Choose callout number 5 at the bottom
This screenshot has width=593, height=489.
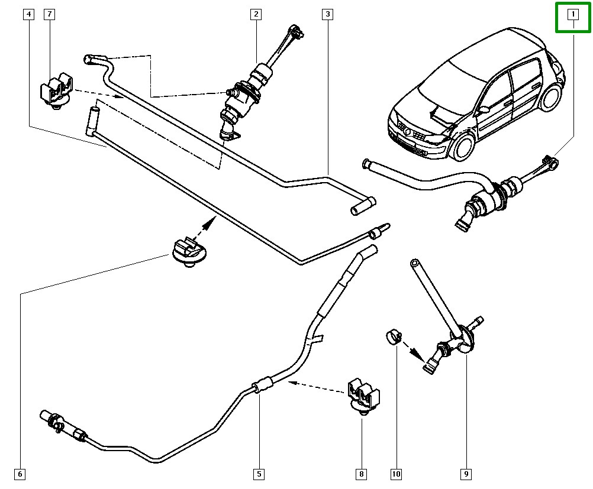[259, 474]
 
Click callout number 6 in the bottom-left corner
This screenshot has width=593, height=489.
[20, 474]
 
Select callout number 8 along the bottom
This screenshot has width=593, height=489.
[361, 474]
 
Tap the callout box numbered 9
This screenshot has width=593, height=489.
[466, 474]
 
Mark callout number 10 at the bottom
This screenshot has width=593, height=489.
[396, 474]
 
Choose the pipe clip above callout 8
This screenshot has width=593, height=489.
[363, 394]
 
